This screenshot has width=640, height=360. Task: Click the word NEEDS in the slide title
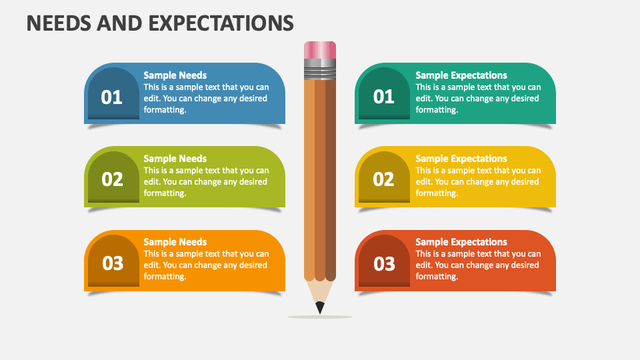59,23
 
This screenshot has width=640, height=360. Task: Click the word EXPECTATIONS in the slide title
221,23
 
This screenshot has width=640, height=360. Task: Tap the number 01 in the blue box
112,97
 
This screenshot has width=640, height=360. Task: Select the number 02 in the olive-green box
112,179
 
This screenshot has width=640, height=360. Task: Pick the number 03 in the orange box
113,263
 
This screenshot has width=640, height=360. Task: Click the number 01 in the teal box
384,97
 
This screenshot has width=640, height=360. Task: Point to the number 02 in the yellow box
384,179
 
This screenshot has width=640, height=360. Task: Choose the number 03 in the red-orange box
384,264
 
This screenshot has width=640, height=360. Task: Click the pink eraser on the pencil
320,50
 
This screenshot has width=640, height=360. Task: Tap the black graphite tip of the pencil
320,307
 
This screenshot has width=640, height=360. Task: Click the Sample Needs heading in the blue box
175,75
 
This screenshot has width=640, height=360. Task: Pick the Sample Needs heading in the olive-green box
175,159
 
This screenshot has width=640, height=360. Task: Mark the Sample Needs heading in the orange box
175,242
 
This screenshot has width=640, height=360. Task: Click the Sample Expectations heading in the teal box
461,75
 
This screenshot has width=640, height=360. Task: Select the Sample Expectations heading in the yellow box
461,159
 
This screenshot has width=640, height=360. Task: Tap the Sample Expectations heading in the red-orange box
461,242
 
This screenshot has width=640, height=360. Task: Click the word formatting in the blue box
165,110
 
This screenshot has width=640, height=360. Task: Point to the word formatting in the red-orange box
437,277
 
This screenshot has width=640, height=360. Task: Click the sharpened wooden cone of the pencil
320,291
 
